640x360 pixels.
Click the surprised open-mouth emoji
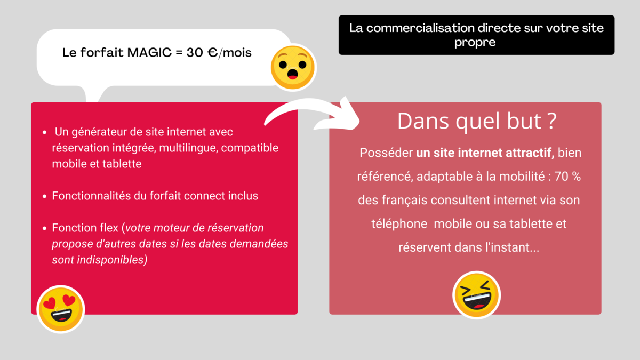tap(293, 67)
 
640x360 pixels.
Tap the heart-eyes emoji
tap(61, 309)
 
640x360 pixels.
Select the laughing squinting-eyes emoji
tap(476, 295)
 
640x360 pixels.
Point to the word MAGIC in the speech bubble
tap(149, 53)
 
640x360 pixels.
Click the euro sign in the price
tap(213, 53)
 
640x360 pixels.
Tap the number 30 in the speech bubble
tap(195, 53)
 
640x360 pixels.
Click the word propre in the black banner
tap(475, 42)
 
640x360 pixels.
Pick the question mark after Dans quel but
tap(553, 121)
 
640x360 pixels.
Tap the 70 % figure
tap(567, 177)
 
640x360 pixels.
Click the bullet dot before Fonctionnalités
tap(45, 196)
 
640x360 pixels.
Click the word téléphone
tap(399, 223)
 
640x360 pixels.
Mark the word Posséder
tap(386, 153)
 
